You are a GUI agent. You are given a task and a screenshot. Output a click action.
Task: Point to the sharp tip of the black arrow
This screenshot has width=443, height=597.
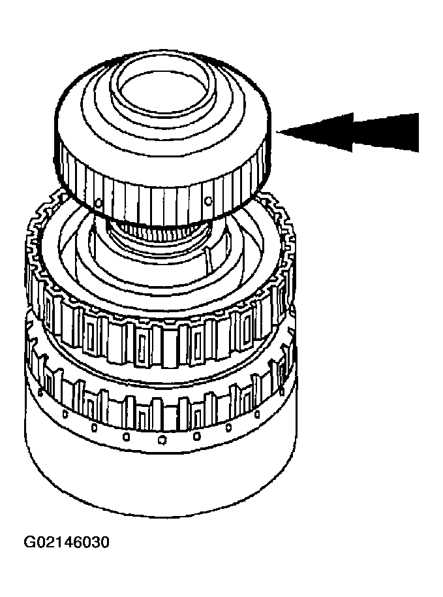[x=277, y=133]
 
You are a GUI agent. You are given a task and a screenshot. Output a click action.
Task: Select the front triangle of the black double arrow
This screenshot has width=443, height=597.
[x=315, y=132]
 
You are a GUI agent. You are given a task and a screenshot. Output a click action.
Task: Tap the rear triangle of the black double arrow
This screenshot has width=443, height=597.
[x=384, y=132]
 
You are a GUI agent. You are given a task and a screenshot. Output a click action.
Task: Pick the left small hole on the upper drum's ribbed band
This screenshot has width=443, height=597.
[x=99, y=202]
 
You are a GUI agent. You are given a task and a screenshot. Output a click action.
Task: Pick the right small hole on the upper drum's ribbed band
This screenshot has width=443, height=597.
[x=207, y=199]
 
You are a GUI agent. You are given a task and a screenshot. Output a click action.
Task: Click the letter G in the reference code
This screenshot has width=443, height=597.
[x=29, y=542]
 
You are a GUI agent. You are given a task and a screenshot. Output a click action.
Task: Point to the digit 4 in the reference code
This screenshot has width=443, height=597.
[x=67, y=542]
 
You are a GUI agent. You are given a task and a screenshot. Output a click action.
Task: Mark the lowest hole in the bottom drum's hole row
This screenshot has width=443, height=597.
[x=162, y=440]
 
